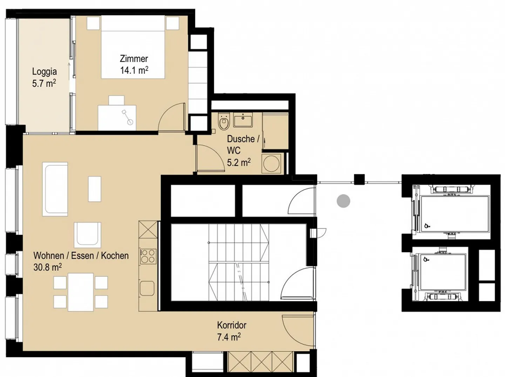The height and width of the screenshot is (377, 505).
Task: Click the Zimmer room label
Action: [x=134, y=59]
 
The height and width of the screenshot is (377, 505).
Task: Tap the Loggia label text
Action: [x=45, y=72]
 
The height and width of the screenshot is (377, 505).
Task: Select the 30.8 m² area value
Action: [x=48, y=267]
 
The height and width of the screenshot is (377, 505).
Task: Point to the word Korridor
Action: [x=232, y=325]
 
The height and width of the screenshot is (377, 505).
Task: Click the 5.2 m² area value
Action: [x=239, y=163]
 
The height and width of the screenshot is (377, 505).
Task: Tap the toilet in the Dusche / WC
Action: [x=224, y=121]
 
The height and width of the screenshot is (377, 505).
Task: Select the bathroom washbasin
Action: [x=243, y=120]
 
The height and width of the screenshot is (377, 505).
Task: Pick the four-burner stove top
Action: [x=148, y=256]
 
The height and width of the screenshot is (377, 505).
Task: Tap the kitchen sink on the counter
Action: [x=147, y=288]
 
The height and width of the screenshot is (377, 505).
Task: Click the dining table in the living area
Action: [x=81, y=292]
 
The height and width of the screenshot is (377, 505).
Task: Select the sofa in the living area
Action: [x=55, y=189]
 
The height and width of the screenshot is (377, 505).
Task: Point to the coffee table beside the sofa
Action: [x=95, y=189]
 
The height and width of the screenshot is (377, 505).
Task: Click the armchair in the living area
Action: [x=87, y=235]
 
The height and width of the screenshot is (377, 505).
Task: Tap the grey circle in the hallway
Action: [x=343, y=201]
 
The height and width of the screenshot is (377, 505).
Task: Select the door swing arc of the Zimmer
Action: [x=164, y=110]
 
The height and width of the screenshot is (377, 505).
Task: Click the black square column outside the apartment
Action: [x=359, y=180]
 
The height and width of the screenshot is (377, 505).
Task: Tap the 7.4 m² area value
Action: [x=229, y=337]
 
